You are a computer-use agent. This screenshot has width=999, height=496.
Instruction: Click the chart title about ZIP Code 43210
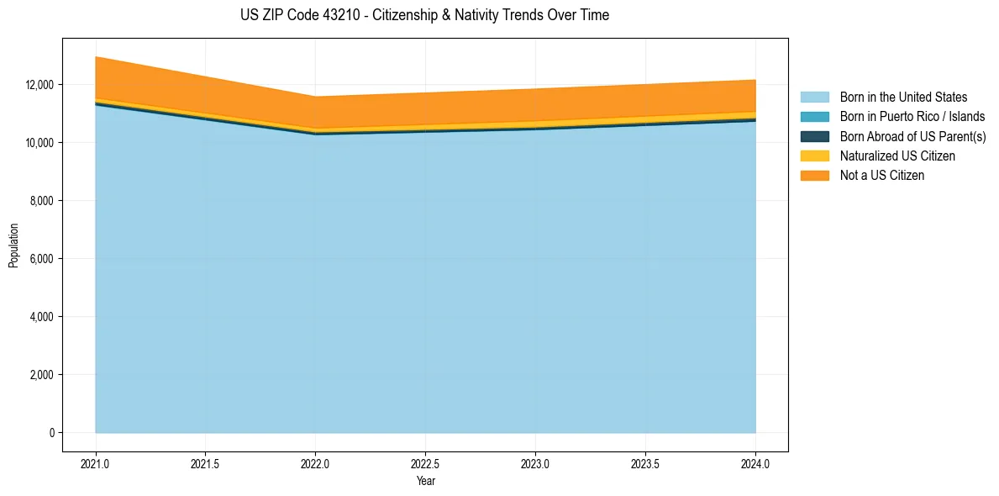tap(424, 15)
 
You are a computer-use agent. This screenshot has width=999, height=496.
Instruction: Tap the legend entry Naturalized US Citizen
tap(897, 156)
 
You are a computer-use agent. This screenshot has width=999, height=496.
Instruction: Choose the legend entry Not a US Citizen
tap(882, 176)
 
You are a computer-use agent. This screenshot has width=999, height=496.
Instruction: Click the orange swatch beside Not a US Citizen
tap(814, 176)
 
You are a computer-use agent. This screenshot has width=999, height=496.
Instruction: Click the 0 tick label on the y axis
tap(51, 433)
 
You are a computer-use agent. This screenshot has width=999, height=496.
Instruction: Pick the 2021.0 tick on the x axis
tap(96, 463)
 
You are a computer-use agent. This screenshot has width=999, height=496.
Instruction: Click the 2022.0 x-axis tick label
tap(315, 463)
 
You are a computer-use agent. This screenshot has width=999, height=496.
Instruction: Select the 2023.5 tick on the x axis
tap(645, 463)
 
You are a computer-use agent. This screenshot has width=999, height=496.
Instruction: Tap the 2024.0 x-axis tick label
tap(755, 463)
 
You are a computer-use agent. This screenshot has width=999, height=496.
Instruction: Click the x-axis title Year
tap(425, 481)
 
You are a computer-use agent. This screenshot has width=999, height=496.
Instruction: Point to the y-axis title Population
tap(13, 245)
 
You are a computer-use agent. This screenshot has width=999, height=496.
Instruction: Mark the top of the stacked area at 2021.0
tap(96, 57)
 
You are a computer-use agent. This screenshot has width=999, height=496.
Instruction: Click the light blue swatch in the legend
tap(814, 98)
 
